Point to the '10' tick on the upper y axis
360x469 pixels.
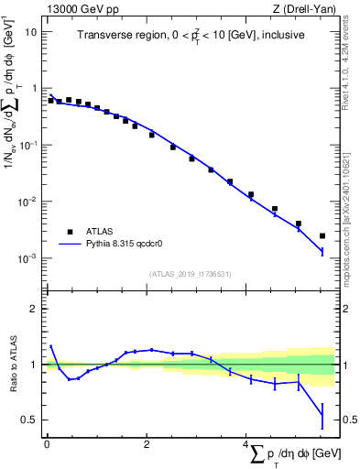point(31,31)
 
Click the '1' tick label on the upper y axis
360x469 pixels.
point(34,88)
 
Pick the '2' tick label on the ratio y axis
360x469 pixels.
point(34,309)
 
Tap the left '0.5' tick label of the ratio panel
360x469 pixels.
point(29,420)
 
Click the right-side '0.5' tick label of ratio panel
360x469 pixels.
point(349,420)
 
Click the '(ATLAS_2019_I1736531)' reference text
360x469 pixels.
point(191,274)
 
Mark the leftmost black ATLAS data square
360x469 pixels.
point(50,100)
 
